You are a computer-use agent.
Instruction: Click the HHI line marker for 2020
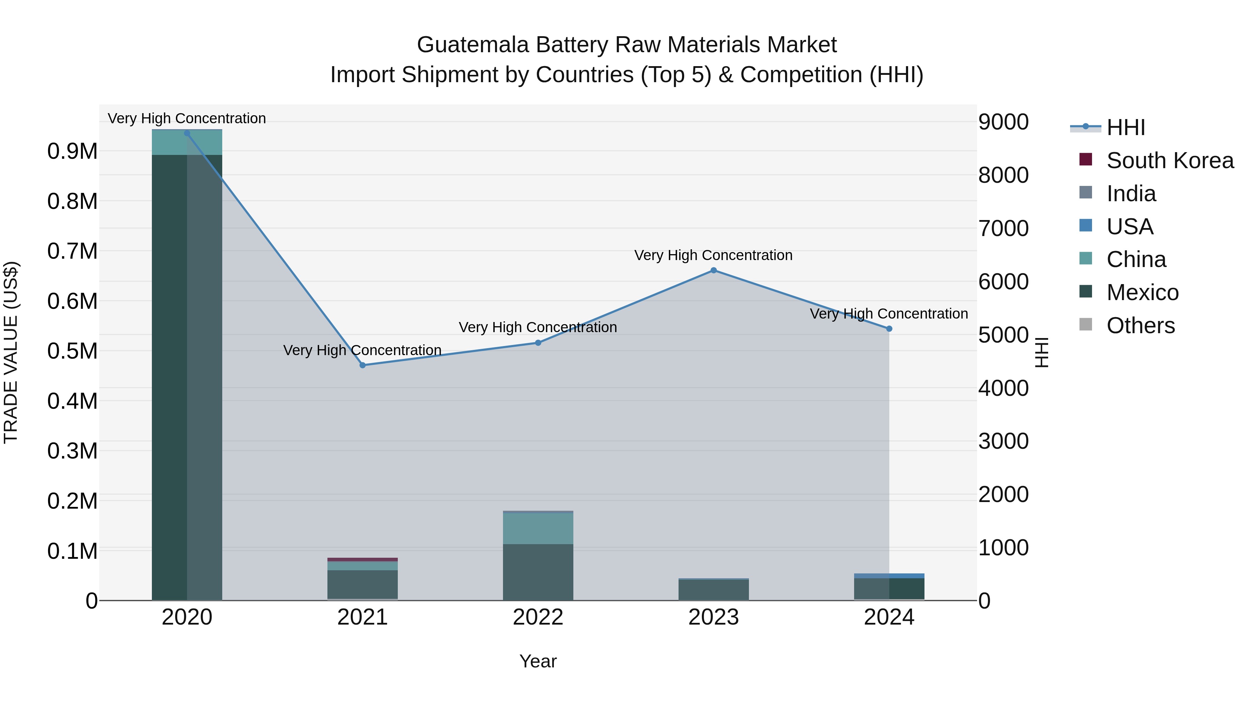coord(187,133)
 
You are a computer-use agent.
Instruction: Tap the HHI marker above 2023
coord(714,271)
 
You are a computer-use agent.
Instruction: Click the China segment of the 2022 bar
coord(538,529)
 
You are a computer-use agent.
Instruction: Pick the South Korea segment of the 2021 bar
coord(363,559)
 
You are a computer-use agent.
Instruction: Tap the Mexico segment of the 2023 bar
coord(714,590)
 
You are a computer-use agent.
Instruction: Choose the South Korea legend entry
coord(1170,160)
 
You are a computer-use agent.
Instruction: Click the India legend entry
coord(1131,194)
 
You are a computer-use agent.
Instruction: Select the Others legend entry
coord(1140,326)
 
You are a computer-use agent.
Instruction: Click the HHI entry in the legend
coord(1125,127)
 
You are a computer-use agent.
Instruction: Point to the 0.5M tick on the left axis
coord(72,351)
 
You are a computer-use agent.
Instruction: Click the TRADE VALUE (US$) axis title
coord(11,352)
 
